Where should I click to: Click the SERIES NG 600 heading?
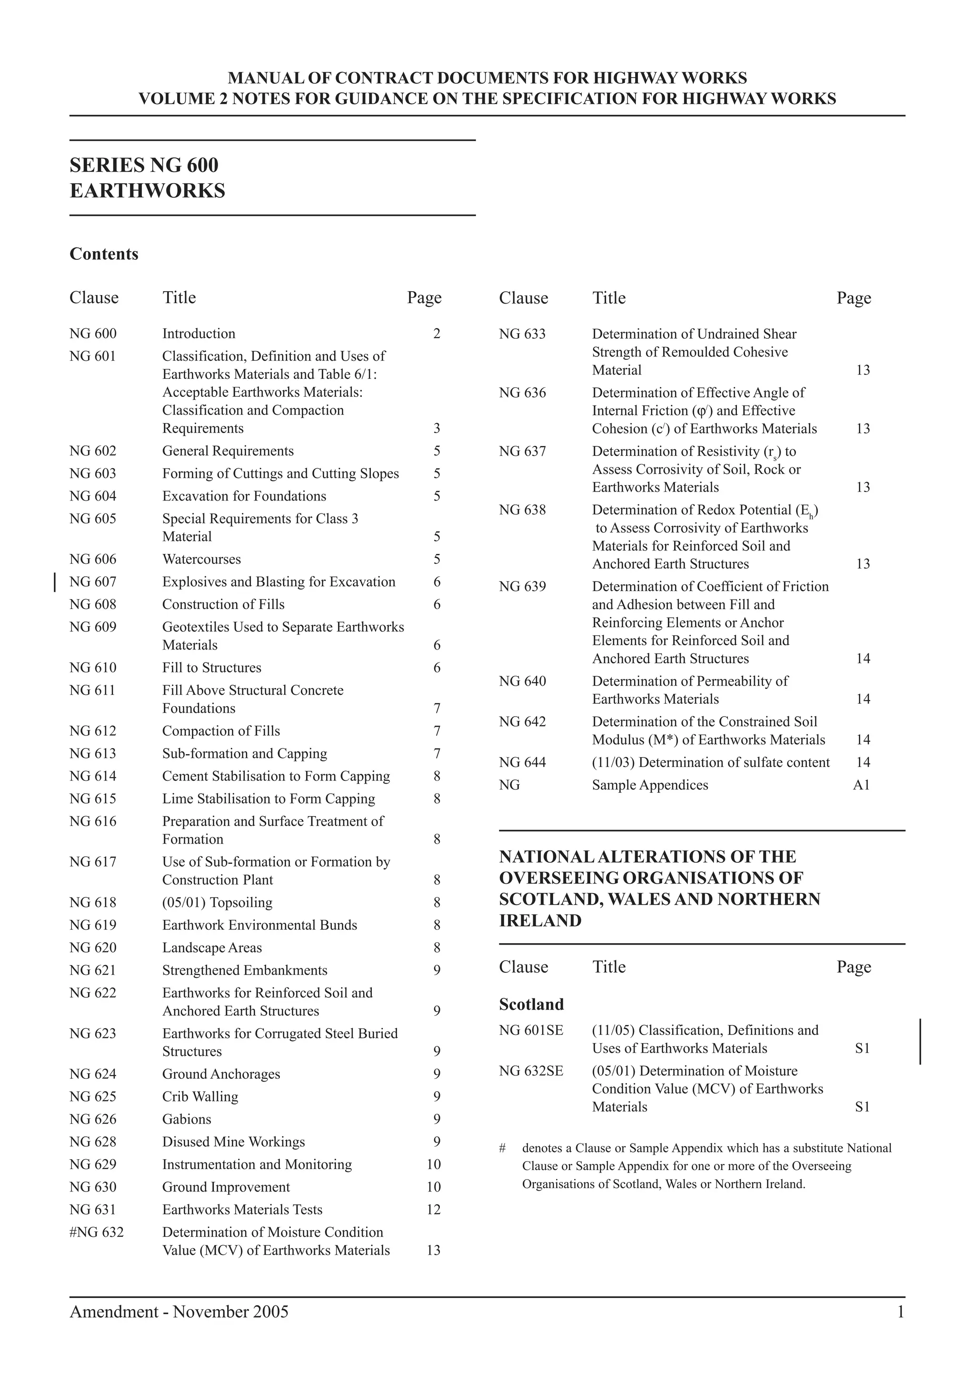point(144,165)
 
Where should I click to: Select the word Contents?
point(104,254)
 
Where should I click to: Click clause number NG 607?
point(93,582)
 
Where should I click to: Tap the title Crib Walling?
point(200,1097)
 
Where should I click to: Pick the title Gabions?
point(187,1120)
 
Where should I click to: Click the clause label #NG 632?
point(97,1232)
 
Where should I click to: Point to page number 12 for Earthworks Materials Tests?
point(434,1210)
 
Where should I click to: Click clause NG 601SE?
point(531,1031)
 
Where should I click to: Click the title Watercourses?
point(201,560)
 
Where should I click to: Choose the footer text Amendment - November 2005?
point(179,1312)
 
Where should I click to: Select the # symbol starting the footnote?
point(502,1148)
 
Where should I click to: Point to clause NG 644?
point(523,763)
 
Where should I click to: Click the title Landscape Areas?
point(212,948)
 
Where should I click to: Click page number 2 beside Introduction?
point(437,334)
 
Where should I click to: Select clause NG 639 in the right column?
point(523,587)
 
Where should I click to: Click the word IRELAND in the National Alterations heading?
point(540,921)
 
